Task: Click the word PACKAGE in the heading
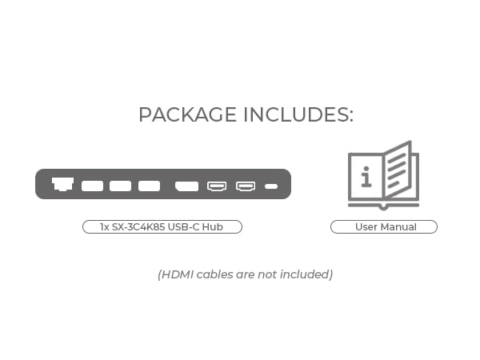coord(188,114)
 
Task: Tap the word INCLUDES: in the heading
coord(298,114)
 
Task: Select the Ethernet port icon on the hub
coord(62,184)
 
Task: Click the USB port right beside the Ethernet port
coord(92,186)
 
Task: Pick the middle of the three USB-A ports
coord(120,186)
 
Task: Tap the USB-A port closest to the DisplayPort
coord(149,186)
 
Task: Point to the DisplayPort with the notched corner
coord(186,186)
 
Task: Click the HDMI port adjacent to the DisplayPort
coord(217,186)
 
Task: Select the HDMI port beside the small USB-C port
coord(246,186)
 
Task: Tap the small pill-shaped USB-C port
coord(271,186)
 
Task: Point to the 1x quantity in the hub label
coord(105,227)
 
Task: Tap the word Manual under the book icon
coord(398,227)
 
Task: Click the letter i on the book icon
coord(366,177)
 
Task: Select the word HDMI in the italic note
coord(178,274)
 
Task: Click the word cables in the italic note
coord(215,274)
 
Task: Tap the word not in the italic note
coord(267,274)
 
